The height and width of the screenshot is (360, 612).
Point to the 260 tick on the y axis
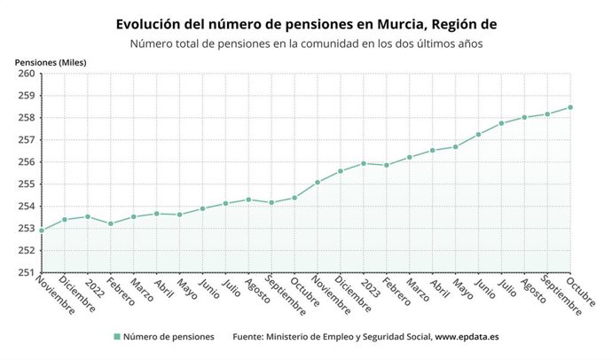26,74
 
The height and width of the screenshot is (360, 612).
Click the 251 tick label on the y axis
26,272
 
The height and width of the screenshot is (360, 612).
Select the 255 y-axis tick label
26,184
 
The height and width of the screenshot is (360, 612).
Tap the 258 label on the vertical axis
26,118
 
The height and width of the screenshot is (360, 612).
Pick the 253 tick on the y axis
26,229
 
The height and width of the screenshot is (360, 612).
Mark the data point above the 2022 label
87,216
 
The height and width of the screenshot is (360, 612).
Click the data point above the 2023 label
363,163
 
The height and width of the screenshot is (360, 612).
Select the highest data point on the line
569,107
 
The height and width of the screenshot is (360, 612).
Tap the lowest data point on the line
42,231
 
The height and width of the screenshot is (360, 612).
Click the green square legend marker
116,337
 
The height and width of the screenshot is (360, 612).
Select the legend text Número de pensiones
169,337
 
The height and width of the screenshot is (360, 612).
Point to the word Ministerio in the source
299,337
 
